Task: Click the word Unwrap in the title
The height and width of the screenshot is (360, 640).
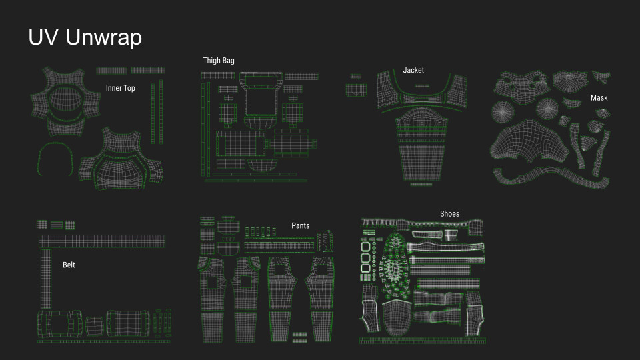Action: pyautogui.click(x=103, y=38)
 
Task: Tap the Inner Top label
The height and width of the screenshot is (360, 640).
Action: pyautogui.click(x=120, y=88)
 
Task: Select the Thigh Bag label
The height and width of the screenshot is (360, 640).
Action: pyautogui.click(x=219, y=61)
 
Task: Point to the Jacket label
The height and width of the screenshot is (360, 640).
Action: pyautogui.click(x=413, y=70)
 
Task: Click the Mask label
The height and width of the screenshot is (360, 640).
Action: pyautogui.click(x=599, y=98)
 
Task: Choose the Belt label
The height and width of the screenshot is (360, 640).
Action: pyautogui.click(x=69, y=265)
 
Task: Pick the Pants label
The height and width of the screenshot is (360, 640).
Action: pyautogui.click(x=300, y=225)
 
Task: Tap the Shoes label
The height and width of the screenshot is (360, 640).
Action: pyautogui.click(x=449, y=214)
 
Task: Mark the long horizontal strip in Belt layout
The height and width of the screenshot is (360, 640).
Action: pyautogui.click(x=101, y=241)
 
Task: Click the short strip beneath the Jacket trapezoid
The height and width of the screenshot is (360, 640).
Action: pyautogui.click(x=421, y=184)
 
